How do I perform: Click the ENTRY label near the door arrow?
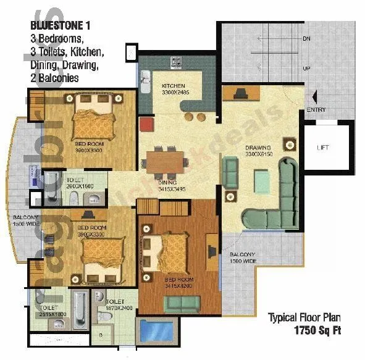pos(316,111)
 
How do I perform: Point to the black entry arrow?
pos(316,97)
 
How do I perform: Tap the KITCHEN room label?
pos(174,86)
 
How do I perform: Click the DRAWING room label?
pos(258,148)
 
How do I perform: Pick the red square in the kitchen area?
pos(146,124)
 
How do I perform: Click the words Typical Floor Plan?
pos(303,318)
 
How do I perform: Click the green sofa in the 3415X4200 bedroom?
pos(182,304)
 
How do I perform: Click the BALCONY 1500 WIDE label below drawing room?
pos(243,257)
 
